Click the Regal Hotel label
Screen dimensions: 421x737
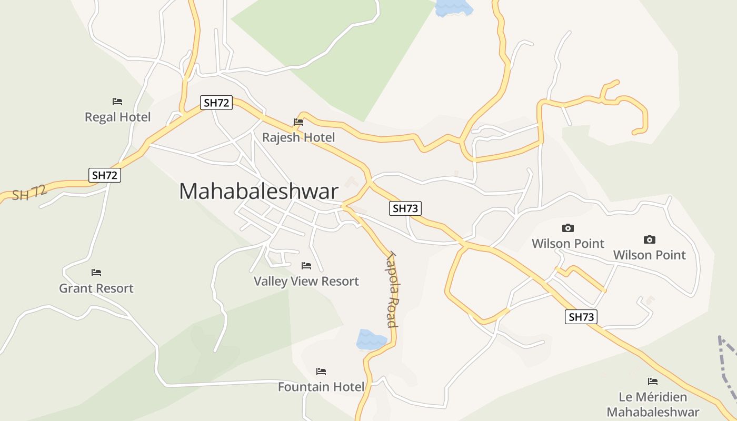tap(118, 117)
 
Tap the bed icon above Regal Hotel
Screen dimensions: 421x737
tap(117, 102)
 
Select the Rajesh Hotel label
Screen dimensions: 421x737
tap(298, 138)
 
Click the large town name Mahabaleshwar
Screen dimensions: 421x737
tap(258, 191)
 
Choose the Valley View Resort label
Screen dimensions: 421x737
tap(306, 282)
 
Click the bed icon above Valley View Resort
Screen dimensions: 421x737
tap(306, 266)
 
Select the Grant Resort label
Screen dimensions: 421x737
tap(96, 288)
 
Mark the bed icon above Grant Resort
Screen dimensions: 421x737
tap(96, 273)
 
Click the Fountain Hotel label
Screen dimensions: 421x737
tap(321, 387)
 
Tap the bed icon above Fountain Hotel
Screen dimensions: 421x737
tap(321, 372)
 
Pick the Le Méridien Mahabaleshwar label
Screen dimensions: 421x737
tap(653, 404)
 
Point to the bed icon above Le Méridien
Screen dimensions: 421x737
tap(653, 382)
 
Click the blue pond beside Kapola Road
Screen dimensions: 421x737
tap(371, 339)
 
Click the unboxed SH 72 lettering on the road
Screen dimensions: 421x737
tap(29, 193)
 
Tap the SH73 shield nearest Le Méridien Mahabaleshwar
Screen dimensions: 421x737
tap(581, 317)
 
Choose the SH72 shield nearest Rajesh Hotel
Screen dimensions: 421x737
tap(216, 103)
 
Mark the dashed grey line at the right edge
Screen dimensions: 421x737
tap(729, 368)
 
